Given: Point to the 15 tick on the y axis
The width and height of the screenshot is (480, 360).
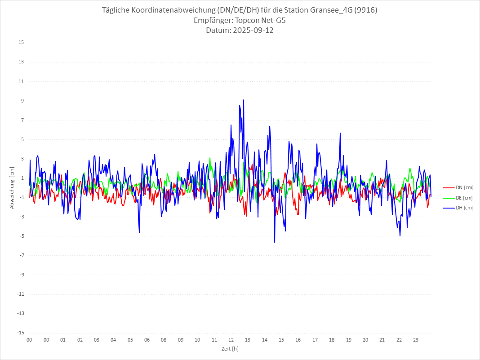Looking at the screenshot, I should point(21,43).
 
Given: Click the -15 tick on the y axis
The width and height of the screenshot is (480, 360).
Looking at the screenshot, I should point(20,333).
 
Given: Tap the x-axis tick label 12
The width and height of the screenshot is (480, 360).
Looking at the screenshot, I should point(231,340).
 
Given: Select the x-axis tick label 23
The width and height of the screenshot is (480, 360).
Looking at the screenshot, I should point(416,340).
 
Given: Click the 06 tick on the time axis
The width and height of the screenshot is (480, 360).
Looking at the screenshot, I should point(147,340).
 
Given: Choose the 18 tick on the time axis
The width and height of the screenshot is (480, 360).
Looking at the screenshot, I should point(332,340).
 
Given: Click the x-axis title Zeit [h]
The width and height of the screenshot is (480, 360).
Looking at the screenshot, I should point(230,349).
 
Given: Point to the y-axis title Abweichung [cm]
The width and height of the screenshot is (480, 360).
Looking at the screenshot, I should point(12,187).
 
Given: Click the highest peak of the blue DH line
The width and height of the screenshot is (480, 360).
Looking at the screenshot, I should point(244,100).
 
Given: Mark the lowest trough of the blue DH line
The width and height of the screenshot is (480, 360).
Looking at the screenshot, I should point(275,242).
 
